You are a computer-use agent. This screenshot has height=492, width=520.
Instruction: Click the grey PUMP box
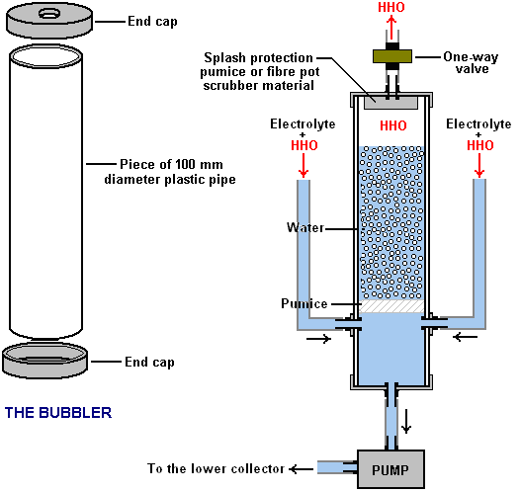(390, 469)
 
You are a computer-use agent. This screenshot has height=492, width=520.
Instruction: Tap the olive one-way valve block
(392, 56)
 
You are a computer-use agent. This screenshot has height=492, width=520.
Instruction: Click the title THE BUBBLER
(58, 413)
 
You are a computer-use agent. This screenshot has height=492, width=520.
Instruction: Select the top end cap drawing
(49, 20)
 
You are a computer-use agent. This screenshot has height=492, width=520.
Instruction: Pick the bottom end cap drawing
(45, 362)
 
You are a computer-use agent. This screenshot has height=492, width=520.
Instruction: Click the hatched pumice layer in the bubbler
(391, 306)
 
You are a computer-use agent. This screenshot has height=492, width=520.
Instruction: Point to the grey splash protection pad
(391, 103)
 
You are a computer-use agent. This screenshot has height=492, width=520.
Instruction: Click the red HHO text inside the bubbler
(393, 125)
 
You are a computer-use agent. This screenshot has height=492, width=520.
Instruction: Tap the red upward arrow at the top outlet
(391, 28)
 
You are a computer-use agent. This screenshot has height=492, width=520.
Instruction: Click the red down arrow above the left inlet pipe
(303, 165)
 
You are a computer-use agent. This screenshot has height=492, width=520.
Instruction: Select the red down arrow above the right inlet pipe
(479, 165)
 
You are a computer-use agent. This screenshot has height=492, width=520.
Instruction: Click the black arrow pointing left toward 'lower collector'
(301, 469)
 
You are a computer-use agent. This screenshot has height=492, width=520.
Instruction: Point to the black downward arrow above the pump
(406, 421)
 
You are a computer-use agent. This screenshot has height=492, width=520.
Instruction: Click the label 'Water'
(305, 227)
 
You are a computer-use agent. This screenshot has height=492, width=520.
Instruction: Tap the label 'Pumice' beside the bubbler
(304, 303)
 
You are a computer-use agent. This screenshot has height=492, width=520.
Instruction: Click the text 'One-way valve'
(471, 63)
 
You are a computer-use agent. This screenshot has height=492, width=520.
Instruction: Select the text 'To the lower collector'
(216, 469)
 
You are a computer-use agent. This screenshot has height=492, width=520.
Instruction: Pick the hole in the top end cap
(49, 14)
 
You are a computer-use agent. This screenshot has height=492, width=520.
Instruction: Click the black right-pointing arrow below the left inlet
(318, 339)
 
